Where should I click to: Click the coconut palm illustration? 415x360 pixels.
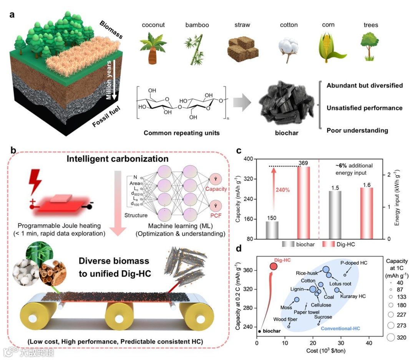(153, 47)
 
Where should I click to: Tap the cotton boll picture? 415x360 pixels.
(288, 47)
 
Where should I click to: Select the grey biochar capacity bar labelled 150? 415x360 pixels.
(272, 230)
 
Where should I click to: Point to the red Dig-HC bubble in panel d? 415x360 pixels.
(273, 266)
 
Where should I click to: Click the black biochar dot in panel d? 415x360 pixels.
(260, 331)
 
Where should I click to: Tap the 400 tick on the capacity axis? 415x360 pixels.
(249, 159)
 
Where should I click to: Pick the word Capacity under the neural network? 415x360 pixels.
(216, 189)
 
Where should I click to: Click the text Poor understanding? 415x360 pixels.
(357, 130)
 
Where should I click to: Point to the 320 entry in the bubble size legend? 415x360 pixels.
(401, 338)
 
